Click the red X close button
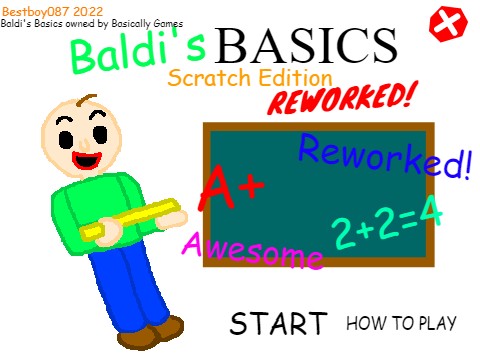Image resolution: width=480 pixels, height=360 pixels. point(449,22)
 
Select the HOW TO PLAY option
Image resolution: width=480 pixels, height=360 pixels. point(401,323)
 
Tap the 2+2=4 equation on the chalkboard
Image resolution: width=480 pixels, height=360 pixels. point(386,228)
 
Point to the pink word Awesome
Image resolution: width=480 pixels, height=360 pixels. point(253,250)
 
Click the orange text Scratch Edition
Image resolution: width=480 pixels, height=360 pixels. point(250,77)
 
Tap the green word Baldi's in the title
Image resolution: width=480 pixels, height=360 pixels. point(139,55)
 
